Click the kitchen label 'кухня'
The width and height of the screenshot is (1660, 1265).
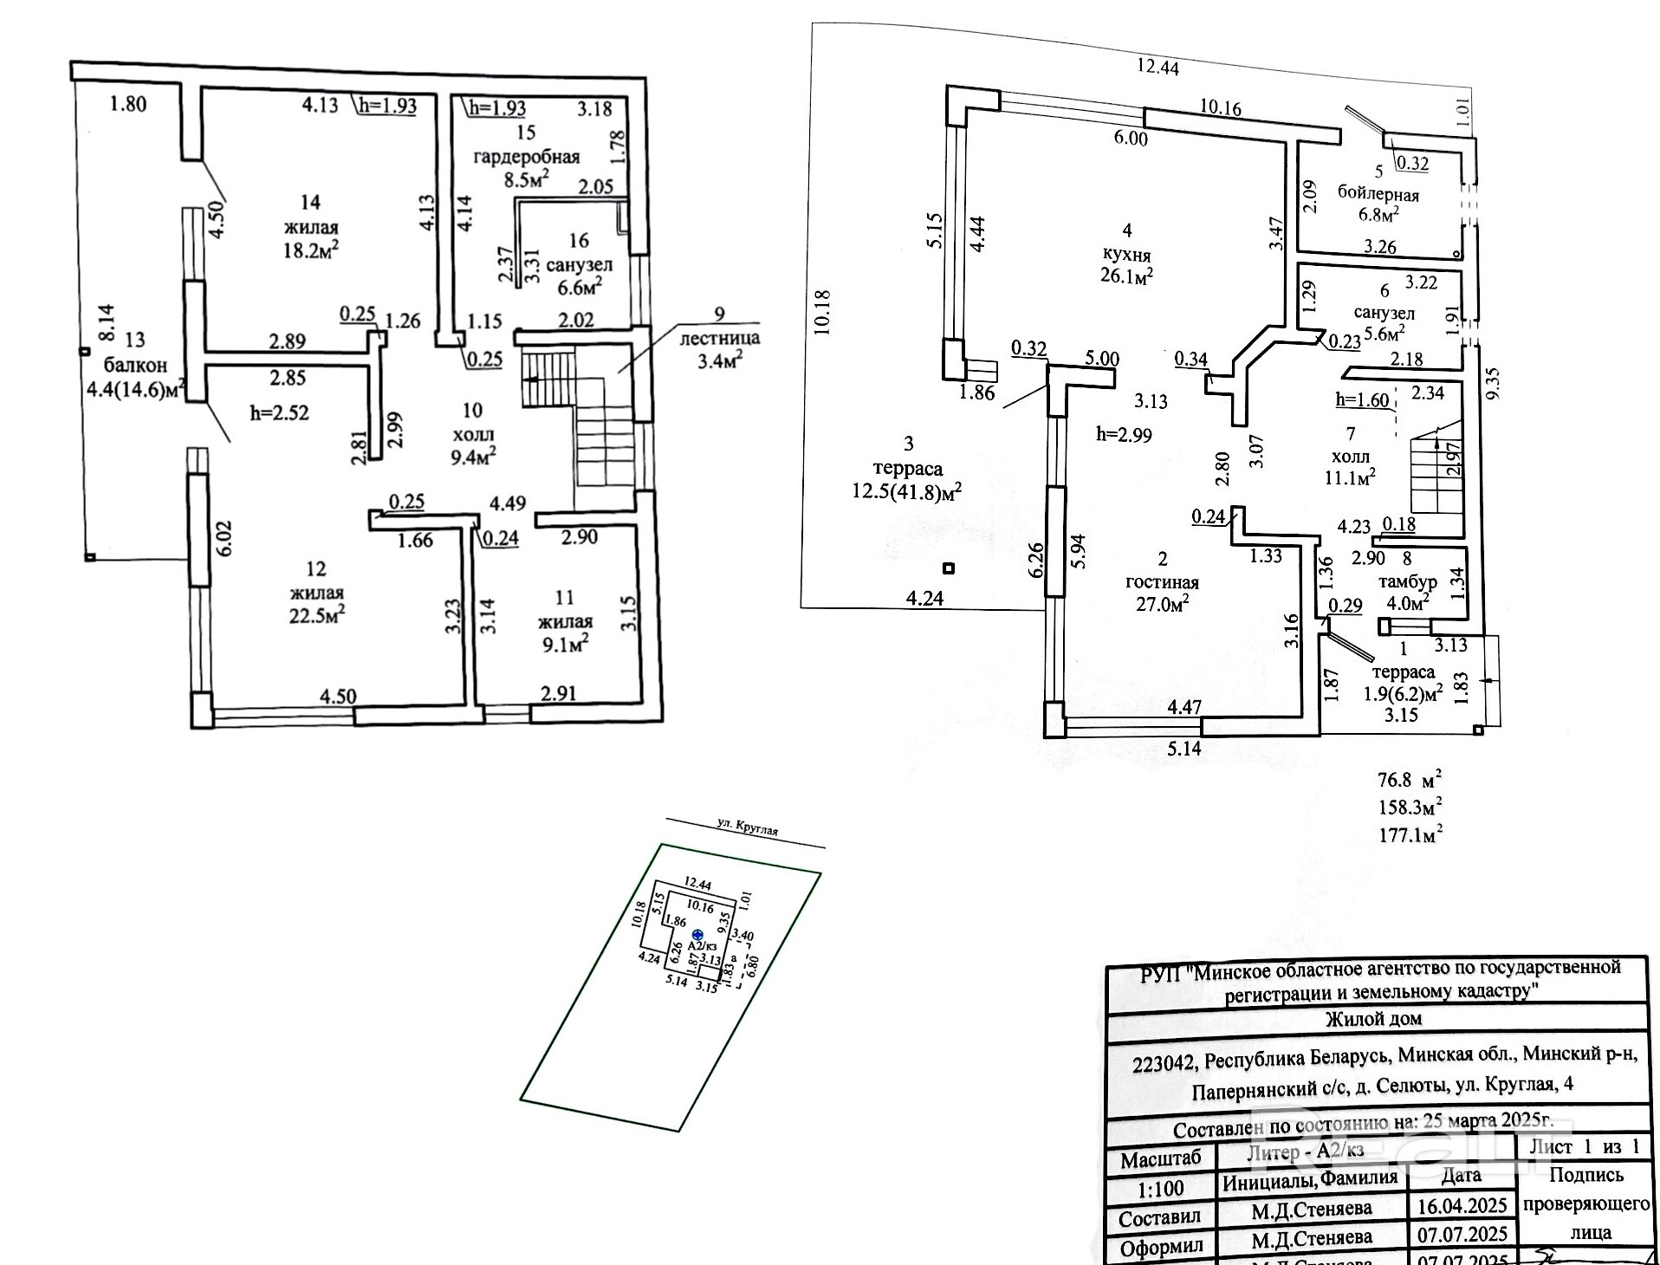click(1126, 255)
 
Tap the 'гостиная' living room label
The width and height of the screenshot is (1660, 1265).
click(1162, 582)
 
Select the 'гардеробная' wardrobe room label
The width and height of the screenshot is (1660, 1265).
click(526, 158)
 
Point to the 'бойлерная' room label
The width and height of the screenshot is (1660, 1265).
click(1378, 193)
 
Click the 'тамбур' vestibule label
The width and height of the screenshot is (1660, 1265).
click(1406, 581)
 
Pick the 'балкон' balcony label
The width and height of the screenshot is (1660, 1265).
click(135, 365)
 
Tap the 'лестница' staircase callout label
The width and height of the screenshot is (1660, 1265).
click(720, 338)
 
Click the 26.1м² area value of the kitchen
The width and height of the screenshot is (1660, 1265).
click(1126, 276)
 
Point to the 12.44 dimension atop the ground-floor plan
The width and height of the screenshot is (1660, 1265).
click(1158, 67)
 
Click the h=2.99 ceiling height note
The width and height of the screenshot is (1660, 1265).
click(1124, 435)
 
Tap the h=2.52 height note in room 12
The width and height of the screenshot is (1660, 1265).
click(279, 413)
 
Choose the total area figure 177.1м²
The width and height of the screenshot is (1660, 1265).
click(1410, 835)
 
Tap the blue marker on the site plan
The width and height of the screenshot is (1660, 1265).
click(698, 935)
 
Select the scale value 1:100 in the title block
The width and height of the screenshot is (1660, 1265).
click(1159, 1189)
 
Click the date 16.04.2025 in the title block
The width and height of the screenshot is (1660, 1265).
click(1462, 1206)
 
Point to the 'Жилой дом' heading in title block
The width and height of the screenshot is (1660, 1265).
click(1374, 1019)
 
